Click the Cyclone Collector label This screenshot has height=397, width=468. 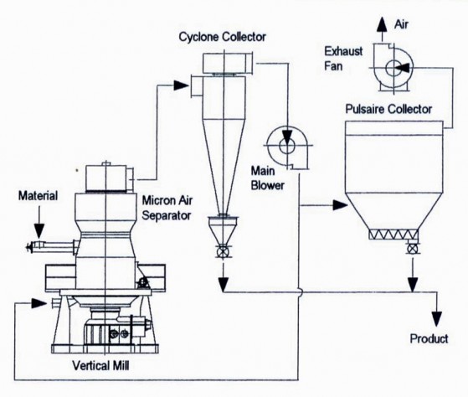tap(223, 37)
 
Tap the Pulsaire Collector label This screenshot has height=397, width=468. tap(388, 109)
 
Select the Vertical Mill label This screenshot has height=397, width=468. tap(100, 365)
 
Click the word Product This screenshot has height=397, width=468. tap(429, 338)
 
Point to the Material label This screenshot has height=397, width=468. tap(39, 196)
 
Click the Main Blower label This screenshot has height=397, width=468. tap(267, 178)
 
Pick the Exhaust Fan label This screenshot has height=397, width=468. tap(343, 59)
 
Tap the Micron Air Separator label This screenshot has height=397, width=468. tap(167, 208)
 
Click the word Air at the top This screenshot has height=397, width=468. tap(401, 24)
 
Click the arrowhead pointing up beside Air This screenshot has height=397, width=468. tap(381, 24)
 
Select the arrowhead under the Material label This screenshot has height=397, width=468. tap(39, 230)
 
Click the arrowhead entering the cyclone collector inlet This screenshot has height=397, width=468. tap(181, 85)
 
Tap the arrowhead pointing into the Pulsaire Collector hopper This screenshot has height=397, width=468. tap(340, 205)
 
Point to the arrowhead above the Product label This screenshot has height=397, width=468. tap(437, 319)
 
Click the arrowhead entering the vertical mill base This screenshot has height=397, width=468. tap(39, 303)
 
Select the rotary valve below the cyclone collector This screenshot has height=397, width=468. tap(223, 251)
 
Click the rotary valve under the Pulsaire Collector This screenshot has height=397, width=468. tap(413, 249)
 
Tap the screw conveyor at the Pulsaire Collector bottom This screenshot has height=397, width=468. tap(393, 235)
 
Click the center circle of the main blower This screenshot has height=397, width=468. tap(287, 146)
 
